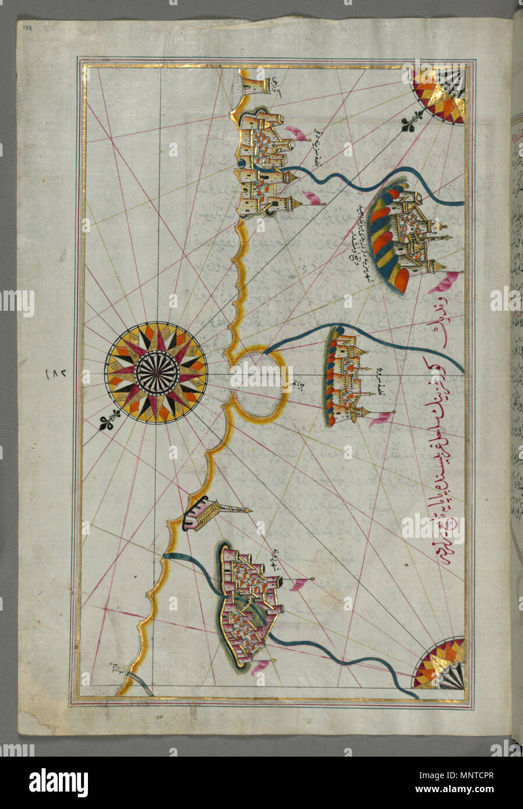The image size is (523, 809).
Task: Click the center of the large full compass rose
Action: (x=156, y=373)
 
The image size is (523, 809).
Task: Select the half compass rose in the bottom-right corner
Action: (x=441, y=664)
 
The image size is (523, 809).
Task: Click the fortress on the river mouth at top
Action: (x=265, y=166)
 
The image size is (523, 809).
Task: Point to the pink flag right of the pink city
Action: (x=299, y=584)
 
